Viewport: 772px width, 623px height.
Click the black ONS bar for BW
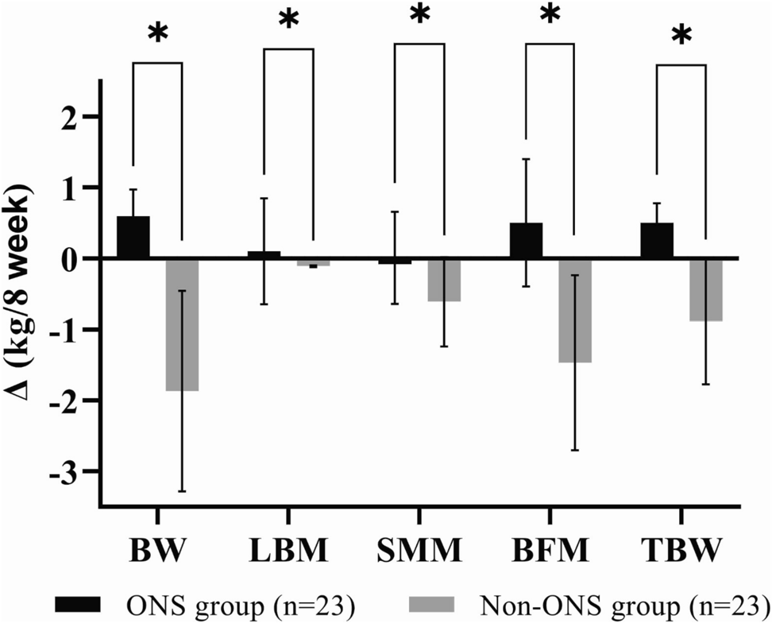click(x=133, y=238)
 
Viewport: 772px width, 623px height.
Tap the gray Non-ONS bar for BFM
click(x=575, y=310)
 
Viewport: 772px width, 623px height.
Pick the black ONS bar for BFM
click(x=526, y=241)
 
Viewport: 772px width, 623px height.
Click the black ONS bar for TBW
click(x=657, y=241)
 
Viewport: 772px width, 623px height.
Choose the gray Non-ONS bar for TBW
click(x=706, y=289)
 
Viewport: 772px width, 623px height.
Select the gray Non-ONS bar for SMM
click(x=444, y=280)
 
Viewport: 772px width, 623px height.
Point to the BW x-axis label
click(x=156, y=550)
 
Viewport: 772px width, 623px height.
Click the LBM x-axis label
click(x=288, y=550)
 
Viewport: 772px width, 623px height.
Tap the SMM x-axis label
click(x=419, y=550)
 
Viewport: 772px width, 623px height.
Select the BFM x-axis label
click(x=550, y=550)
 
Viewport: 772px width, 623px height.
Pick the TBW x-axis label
click(x=681, y=550)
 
